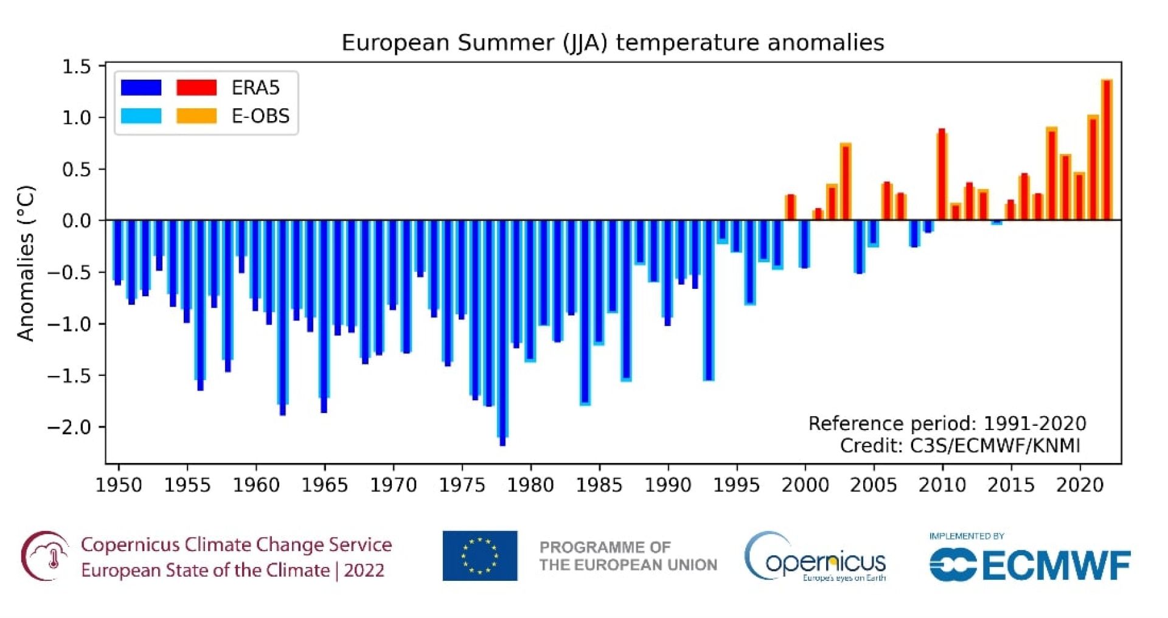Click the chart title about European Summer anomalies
(613, 43)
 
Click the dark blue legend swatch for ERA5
(141, 88)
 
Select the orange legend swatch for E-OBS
(196, 116)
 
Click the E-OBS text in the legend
(260, 116)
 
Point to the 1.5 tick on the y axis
(77, 66)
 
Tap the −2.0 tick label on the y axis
(68, 427)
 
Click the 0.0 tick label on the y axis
(77, 220)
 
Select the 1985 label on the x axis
(599, 485)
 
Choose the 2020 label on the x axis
(1080, 485)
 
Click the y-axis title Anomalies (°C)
(26, 263)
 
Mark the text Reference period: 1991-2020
(947, 423)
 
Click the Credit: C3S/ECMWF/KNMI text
(960, 446)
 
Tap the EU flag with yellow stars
(480, 556)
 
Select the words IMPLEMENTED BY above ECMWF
(966, 536)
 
